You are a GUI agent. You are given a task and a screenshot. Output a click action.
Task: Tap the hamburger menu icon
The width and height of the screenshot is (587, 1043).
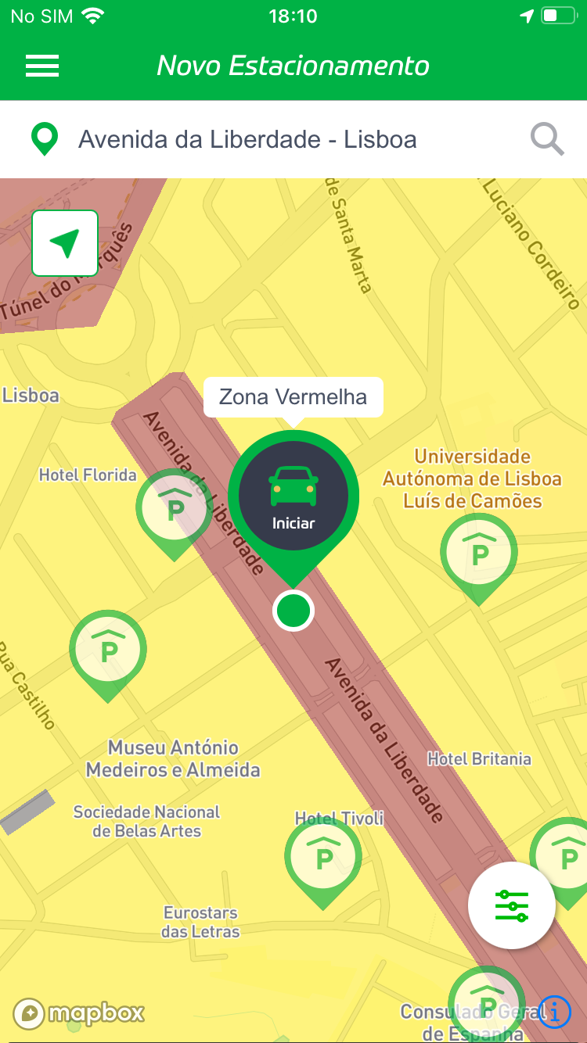[42, 66]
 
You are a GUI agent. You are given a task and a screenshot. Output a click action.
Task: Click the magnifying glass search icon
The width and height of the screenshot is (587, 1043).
[547, 140]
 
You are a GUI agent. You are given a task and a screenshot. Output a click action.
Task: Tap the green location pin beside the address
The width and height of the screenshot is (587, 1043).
[45, 139]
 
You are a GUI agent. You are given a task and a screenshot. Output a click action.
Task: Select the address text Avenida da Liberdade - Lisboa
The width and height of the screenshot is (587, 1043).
[247, 140]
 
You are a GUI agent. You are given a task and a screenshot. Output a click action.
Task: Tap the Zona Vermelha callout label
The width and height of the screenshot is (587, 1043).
[293, 397]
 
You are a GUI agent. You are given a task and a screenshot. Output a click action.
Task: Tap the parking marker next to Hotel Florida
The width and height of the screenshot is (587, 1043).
[174, 509]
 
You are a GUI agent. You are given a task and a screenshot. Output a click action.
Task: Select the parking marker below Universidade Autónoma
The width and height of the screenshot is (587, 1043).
[478, 554]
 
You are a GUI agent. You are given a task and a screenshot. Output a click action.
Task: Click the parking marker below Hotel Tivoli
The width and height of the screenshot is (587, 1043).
[322, 858]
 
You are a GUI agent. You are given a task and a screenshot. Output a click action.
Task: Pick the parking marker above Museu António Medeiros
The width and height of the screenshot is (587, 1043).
[108, 650]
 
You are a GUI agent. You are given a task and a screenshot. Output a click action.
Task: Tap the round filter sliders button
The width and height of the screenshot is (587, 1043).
[512, 905]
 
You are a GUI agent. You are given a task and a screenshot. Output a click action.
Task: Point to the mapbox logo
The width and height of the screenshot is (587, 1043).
[79, 1013]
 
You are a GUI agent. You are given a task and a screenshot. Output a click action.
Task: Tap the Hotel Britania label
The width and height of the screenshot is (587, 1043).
[479, 758]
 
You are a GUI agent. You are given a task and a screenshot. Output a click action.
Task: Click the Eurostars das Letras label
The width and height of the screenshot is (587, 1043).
[200, 922]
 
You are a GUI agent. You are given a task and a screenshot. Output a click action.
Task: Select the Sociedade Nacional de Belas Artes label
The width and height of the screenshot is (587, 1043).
[146, 821]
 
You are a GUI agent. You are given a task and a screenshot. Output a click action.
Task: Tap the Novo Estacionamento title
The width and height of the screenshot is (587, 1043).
[293, 66]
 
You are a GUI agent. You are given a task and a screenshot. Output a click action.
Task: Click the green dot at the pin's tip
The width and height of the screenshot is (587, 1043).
[293, 611]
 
